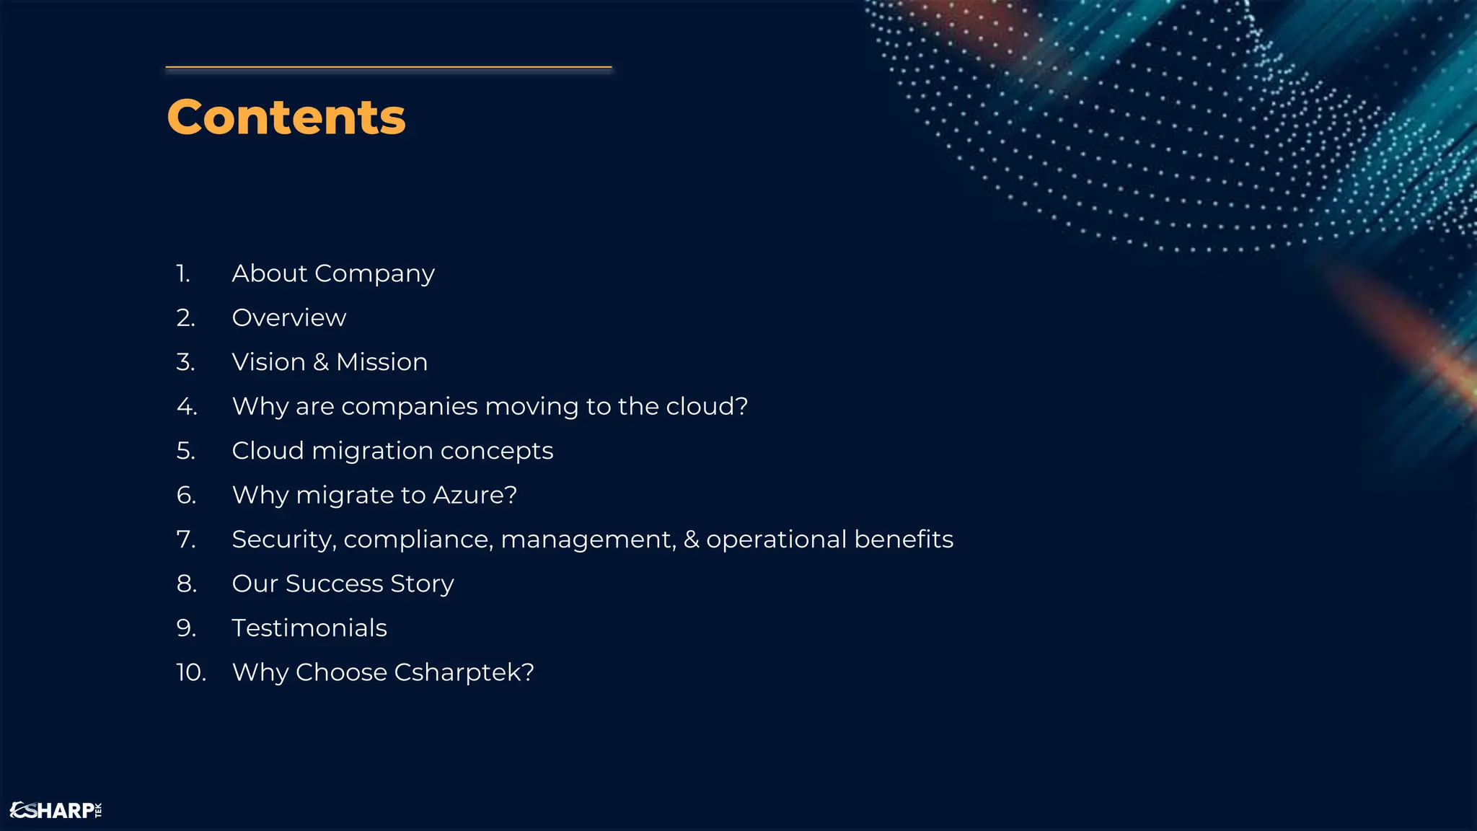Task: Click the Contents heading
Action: pyautogui.click(x=286, y=117)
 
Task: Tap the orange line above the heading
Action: pyautogui.click(x=388, y=68)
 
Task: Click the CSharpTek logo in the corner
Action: pyautogui.click(x=56, y=810)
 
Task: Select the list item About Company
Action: pyautogui.click(x=332, y=273)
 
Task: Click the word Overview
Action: pyautogui.click(x=288, y=318)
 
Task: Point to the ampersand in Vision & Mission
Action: pyautogui.click(x=321, y=362)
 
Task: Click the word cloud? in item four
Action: pyautogui.click(x=707, y=406)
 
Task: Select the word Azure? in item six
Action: pyautogui.click(x=475, y=495)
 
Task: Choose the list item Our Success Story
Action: pyautogui.click(x=343, y=584)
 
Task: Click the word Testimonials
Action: pyautogui.click(x=309, y=628)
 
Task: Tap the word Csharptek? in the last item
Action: pyautogui.click(x=464, y=672)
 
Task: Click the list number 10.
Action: pyautogui.click(x=191, y=672)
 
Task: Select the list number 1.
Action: pyautogui.click(x=183, y=273)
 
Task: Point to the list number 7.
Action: pyautogui.click(x=185, y=540)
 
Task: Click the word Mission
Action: pyautogui.click(x=382, y=362)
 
